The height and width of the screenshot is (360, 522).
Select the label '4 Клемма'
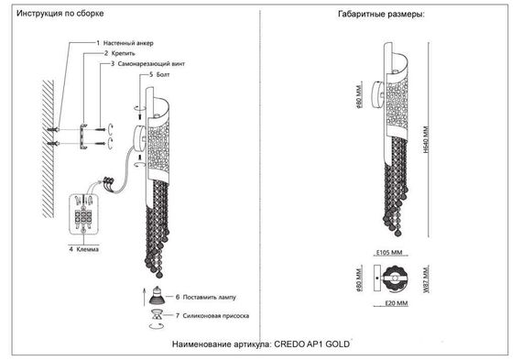pyautogui.click(x=82, y=248)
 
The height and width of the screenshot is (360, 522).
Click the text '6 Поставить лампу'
pyautogui.click(x=203, y=298)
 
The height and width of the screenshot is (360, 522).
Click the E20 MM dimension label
pyautogui.click(x=397, y=303)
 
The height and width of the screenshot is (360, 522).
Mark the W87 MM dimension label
pyautogui.click(x=424, y=279)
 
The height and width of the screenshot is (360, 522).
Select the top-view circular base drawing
pyautogui.click(x=396, y=279)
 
